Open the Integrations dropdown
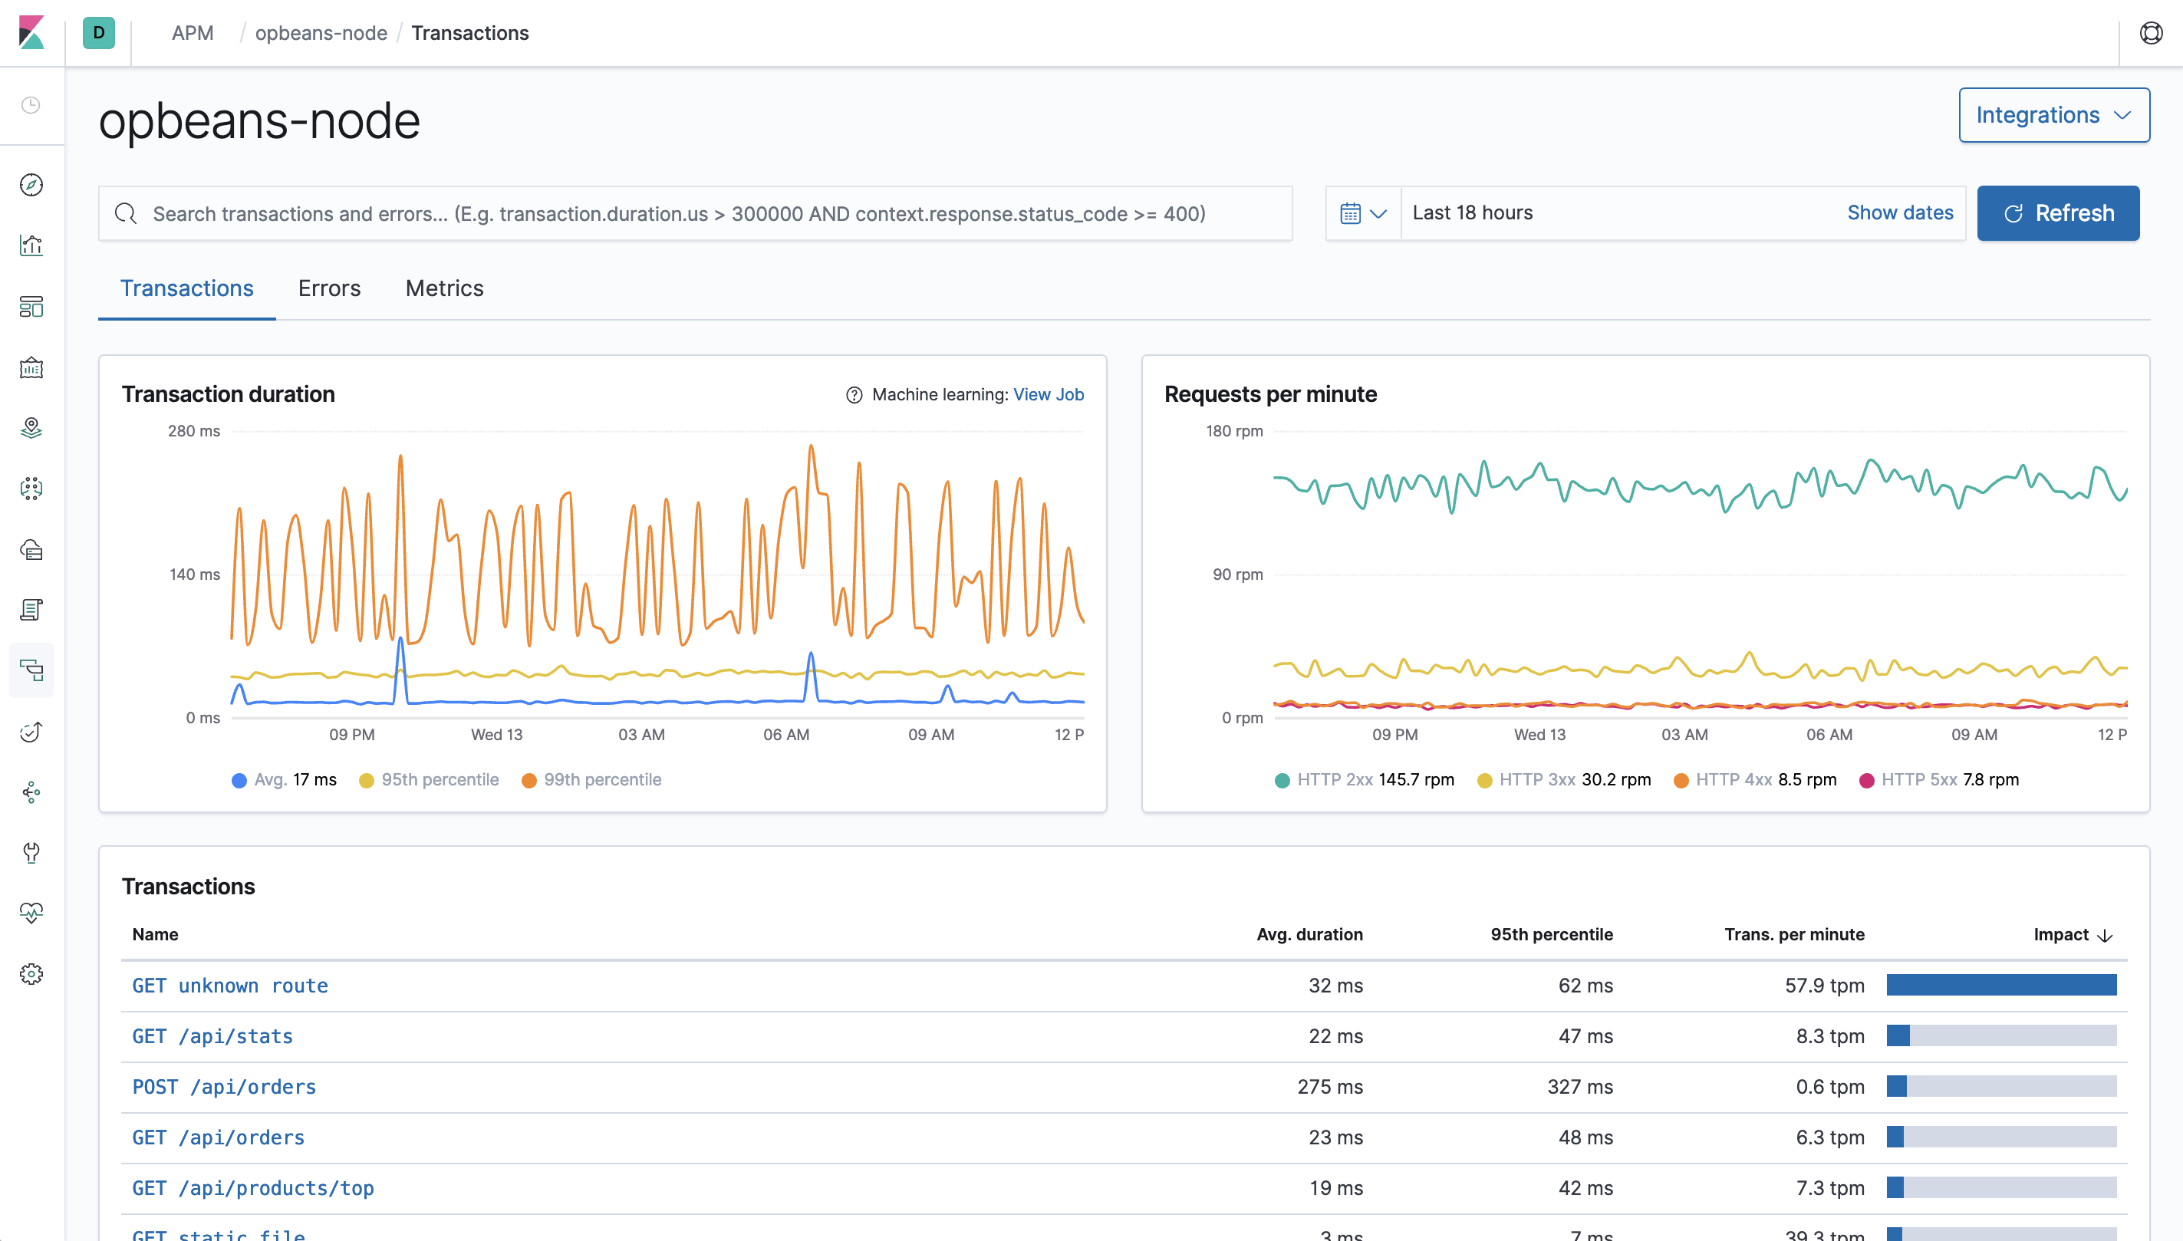click(x=2053, y=115)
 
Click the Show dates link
click(x=1899, y=213)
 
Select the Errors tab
click(x=329, y=289)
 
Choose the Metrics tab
click(x=444, y=289)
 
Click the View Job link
click(x=1048, y=395)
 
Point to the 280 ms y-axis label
click(x=193, y=431)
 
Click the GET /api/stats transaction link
click(x=212, y=1036)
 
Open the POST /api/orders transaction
click(x=223, y=1087)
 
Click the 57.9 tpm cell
click(x=1824, y=986)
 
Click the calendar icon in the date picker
click(x=1350, y=213)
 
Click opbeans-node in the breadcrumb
click(x=321, y=33)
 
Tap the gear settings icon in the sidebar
click(x=31, y=974)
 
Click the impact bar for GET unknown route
click(x=2000, y=986)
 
